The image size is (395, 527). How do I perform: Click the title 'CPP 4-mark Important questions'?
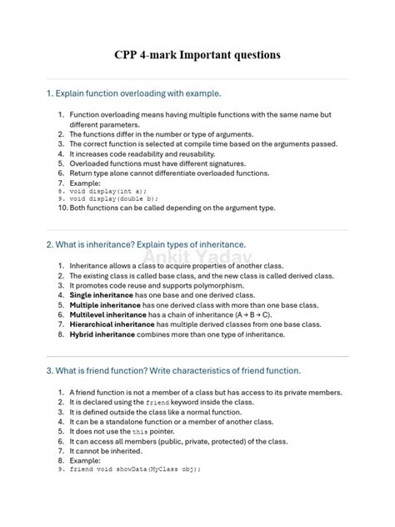point(197,55)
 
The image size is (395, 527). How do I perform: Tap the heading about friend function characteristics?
point(173,370)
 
